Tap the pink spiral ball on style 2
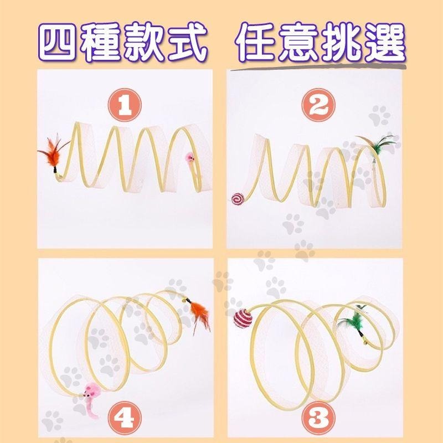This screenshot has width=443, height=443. pyautogui.click(x=237, y=198)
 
